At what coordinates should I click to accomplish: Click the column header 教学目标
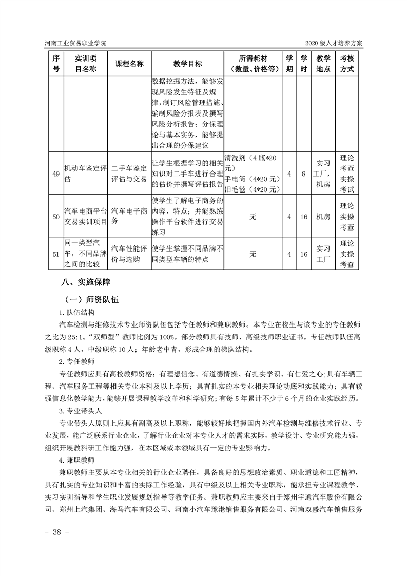[x=187, y=64]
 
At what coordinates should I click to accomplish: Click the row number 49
[x=56, y=174]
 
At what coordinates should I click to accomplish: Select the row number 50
[x=56, y=217]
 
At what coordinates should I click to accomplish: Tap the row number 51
[x=56, y=254]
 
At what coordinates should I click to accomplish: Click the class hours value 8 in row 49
[x=304, y=174]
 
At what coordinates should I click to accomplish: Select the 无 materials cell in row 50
[x=253, y=217]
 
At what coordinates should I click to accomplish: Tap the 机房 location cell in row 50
[x=323, y=217]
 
